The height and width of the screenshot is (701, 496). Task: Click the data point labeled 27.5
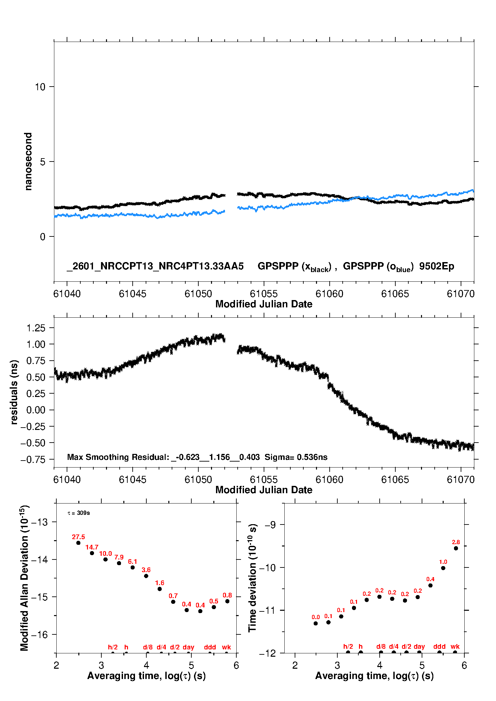(x=78, y=543)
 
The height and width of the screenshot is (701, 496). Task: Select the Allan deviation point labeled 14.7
(x=92, y=553)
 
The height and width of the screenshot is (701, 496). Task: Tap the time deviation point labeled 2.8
(x=456, y=548)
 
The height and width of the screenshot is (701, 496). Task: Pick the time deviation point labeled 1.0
(x=443, y=568)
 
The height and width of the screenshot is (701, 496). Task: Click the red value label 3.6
(x=146, y=570)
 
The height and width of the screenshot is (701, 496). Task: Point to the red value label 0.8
(x=227, y=595)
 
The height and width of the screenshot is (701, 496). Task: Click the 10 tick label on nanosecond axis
(x=40, y=87)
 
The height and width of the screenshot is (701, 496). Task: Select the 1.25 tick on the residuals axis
(x=36, y=328)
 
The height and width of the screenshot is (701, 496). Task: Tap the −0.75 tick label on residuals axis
(x=33, y=460)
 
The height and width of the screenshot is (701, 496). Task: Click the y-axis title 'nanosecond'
(x=28, y=162)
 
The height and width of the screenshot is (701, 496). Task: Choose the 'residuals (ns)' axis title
(x=14, y=392)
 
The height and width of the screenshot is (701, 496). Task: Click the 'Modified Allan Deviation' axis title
(x=24, y=578)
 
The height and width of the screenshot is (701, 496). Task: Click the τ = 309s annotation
(x=79, y=513)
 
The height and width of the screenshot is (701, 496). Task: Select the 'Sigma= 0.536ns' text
(x=296, y=457)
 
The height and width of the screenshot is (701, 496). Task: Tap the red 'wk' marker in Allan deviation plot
(x=226, y=647)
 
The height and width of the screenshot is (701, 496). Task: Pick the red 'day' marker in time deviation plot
(x=419, y=646)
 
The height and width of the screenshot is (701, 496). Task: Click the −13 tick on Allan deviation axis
(x=39, y=522)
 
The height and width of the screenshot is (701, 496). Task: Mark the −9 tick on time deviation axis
(x=270, y=525)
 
